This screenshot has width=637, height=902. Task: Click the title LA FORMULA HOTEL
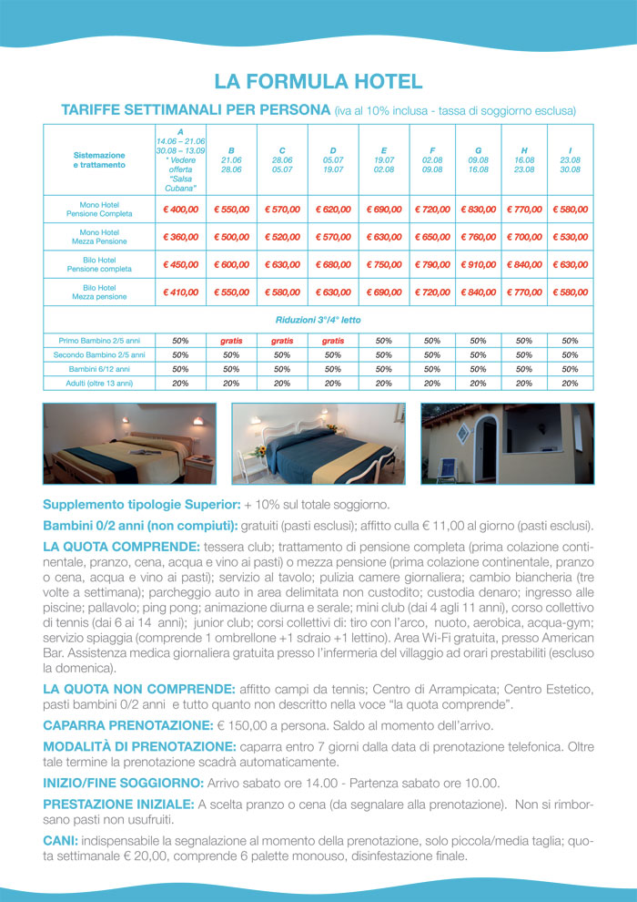318,82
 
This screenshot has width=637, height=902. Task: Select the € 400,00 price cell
180,210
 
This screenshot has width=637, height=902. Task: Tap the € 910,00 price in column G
478,265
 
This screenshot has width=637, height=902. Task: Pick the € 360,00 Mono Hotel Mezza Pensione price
180,237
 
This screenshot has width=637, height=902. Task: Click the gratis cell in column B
231,340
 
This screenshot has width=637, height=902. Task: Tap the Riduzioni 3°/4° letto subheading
318,321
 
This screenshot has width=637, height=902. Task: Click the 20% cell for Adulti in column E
383,384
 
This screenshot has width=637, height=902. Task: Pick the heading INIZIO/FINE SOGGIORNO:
123,783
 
